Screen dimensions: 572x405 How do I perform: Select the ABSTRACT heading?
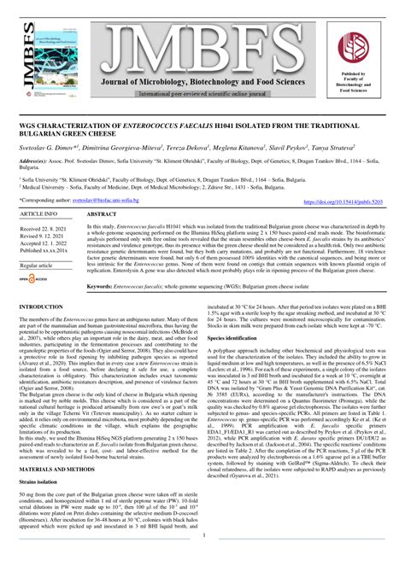[x=102, y=214]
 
